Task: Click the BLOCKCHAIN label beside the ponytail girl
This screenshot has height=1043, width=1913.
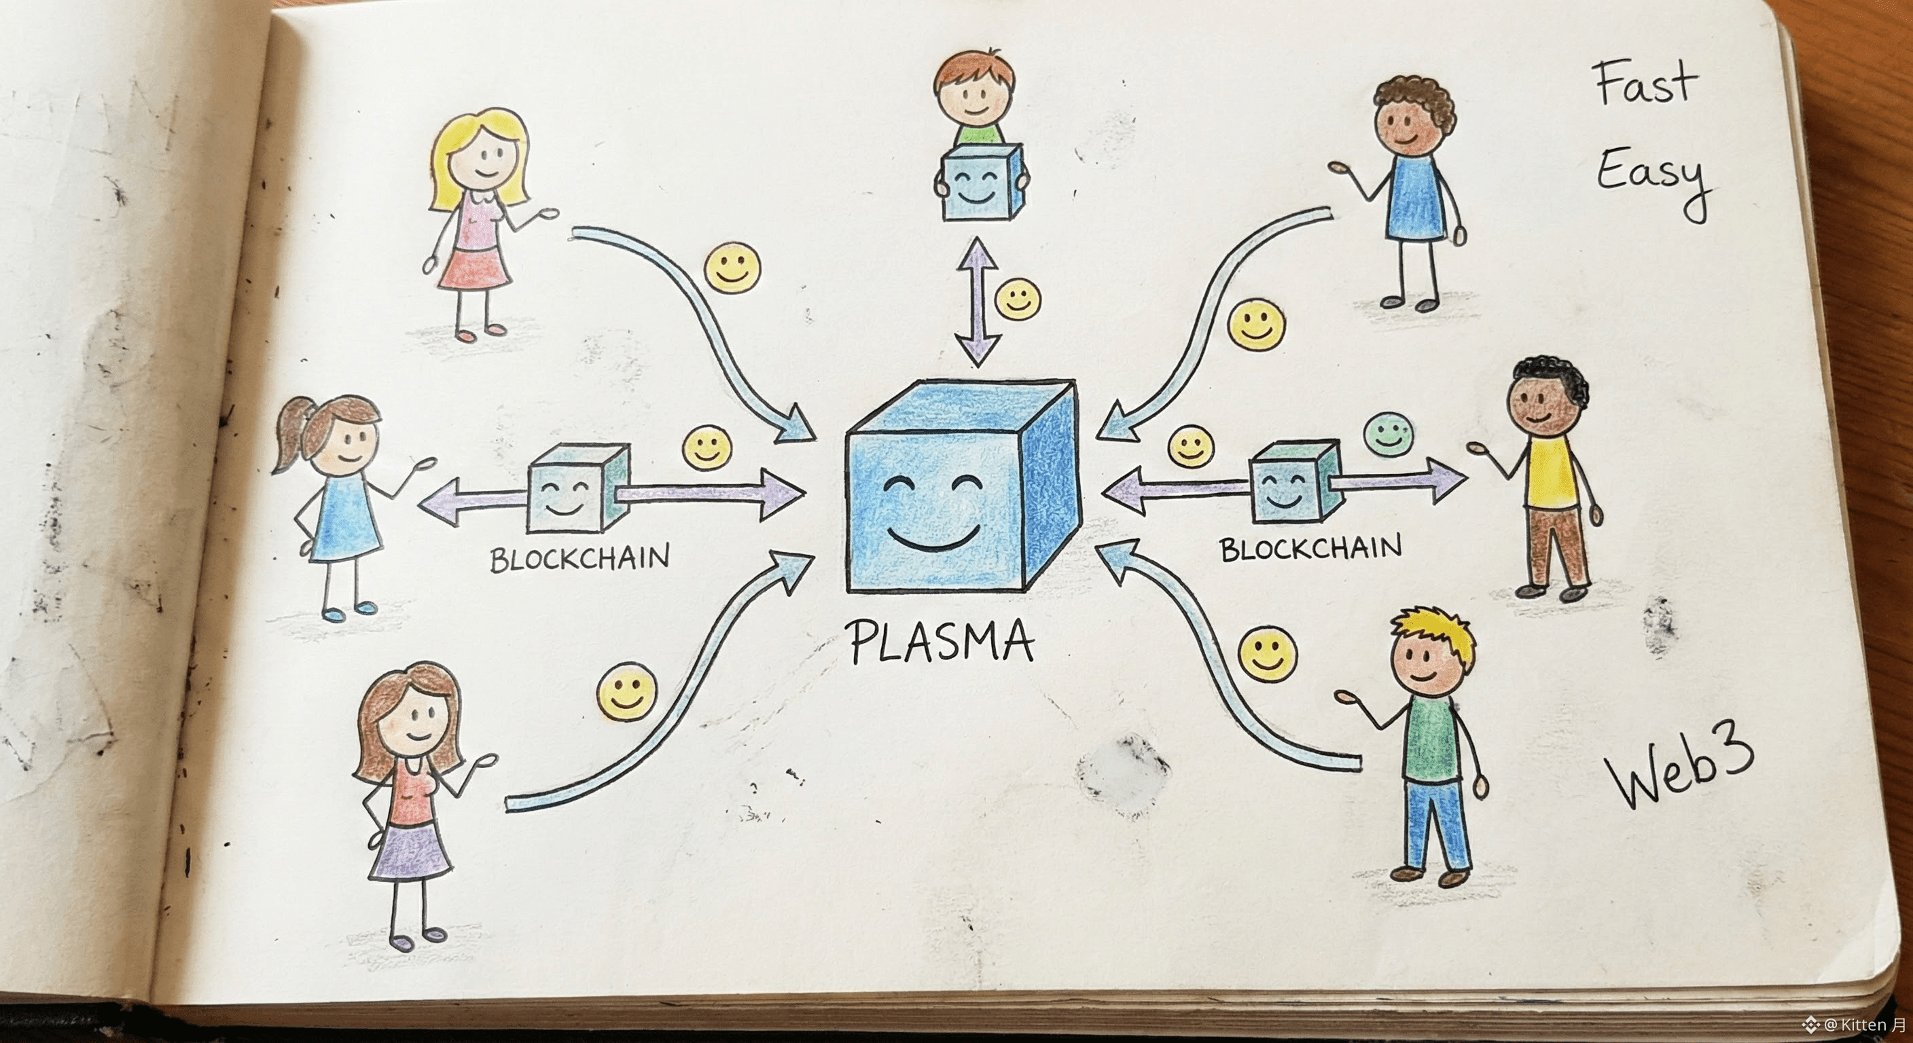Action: [x=579, y=557]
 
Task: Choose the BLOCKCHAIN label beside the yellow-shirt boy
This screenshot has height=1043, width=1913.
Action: [x=1310, y=548]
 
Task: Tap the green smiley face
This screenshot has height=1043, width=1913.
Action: [x=1388, y=435]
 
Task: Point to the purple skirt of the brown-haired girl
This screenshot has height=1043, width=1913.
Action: [x=411, y=849]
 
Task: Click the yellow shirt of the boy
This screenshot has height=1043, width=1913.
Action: [x=1552, y=471]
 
